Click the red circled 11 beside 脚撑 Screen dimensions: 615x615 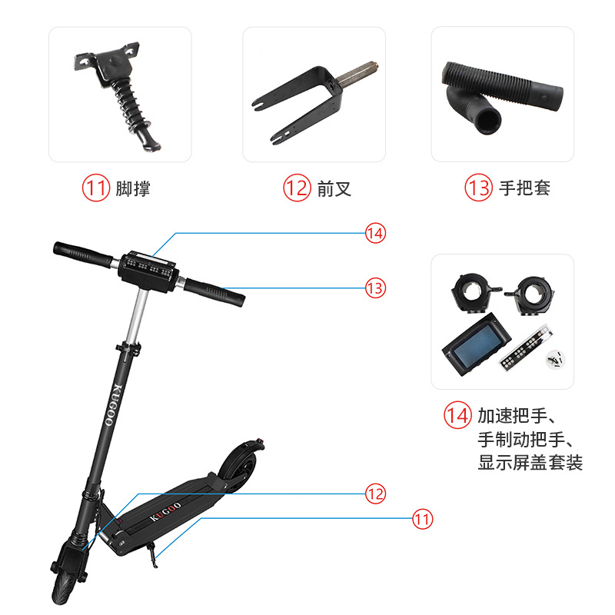coord(96,188)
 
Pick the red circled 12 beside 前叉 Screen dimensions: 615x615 coord(297,188)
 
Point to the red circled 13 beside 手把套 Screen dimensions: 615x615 coord(478,188)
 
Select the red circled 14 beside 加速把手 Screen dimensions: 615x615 coord(457,416)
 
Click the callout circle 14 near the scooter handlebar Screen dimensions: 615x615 coord(375,233)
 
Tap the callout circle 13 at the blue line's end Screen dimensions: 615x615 coord(375,288)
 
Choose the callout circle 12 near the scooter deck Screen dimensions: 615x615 coord(375,494)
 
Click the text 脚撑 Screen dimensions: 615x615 coord(132,188)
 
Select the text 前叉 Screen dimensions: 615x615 coord(334,188)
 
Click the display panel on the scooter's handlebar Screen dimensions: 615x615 coord(150,267)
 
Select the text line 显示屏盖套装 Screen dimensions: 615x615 coord(530,463)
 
